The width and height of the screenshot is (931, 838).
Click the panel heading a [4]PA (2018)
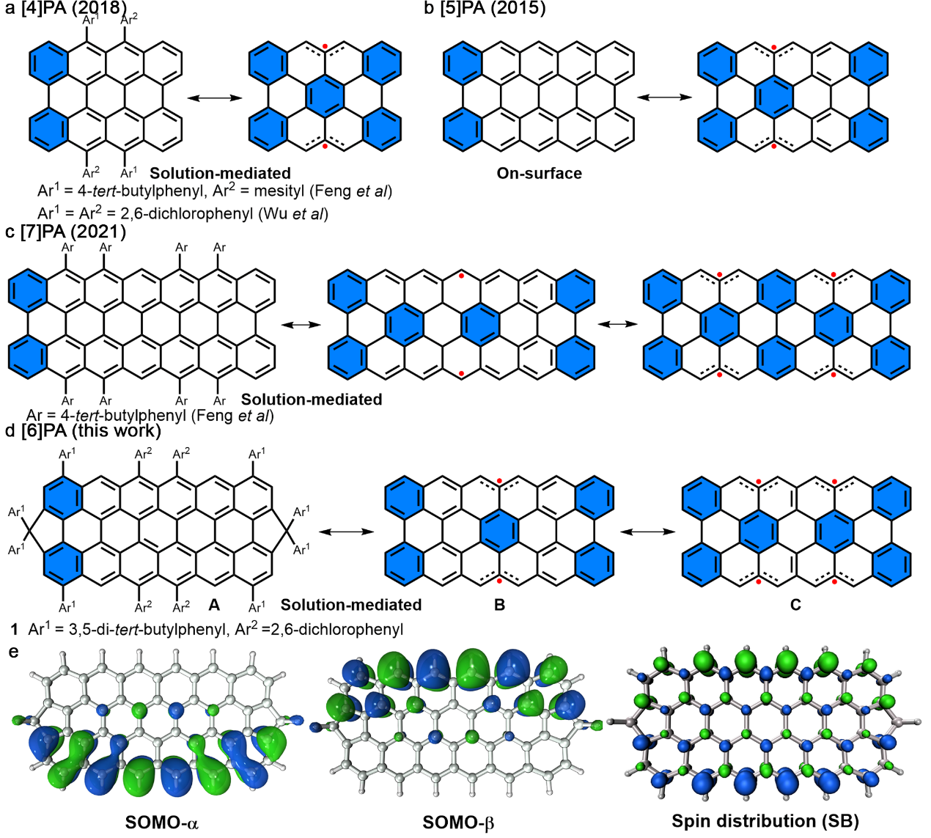click(x=66, y=9)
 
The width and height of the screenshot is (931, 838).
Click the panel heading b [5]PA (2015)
click(x=485, y=9)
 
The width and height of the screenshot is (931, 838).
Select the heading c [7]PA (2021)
click(x=66, y=232)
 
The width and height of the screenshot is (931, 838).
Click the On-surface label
click(x=540, y=174)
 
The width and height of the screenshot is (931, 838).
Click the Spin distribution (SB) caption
click(x=765, y=821)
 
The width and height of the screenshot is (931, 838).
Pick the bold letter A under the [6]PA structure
click(x=214, y=605)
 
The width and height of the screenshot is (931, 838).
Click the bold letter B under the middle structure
click(x=499, y=605)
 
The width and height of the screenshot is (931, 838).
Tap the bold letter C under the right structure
click(x=795, y=605)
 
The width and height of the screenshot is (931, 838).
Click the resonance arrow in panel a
click(x=215, y=98)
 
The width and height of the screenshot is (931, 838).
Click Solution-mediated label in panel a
click(x=221, y=174)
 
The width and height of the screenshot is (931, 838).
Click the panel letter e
click(x=12, y=650)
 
